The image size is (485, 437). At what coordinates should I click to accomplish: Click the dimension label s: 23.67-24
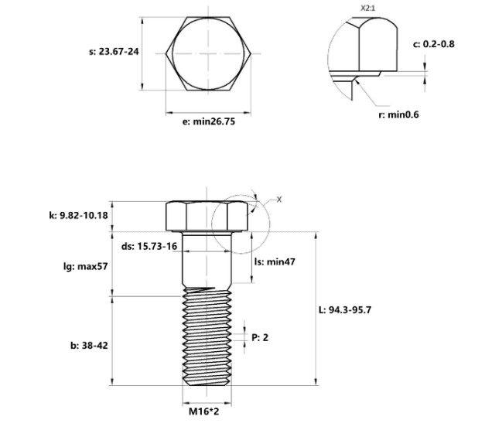pos(114,51)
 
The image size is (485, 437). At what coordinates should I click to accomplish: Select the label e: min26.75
pos(209,121)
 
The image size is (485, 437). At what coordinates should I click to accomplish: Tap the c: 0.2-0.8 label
pos(434,44)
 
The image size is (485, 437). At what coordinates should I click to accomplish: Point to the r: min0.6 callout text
pos(398,114)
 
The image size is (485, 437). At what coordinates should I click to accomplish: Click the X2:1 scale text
pos(367,9)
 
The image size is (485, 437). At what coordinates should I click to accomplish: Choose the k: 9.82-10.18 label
pos(79,215)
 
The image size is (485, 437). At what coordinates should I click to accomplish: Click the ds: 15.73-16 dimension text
pos(149,246)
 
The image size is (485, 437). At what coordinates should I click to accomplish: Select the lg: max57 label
pos(86,266)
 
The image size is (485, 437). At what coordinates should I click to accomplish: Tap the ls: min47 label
pos(275,261)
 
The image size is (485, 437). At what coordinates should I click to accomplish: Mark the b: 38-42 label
pos(90,346)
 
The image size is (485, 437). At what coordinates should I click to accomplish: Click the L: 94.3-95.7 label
pos(345,309)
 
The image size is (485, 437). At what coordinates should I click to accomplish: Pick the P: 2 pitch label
pos(260,337)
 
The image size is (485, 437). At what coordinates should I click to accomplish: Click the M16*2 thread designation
pos(204,411)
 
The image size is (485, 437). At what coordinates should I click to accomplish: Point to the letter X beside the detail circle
pos(279,200)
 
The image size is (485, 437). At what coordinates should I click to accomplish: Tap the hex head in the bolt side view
pos(207,217)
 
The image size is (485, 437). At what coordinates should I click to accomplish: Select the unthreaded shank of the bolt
pos(207,260)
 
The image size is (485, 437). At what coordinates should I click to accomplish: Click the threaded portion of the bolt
pos(207,336)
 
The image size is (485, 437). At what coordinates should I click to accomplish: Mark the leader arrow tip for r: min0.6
pos(356,80)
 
